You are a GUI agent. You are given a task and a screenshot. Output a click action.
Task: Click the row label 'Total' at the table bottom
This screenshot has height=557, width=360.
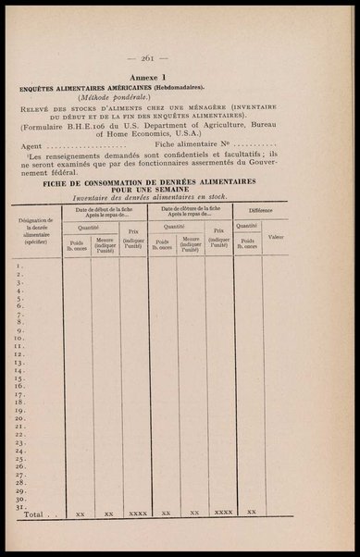click(33, 512)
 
